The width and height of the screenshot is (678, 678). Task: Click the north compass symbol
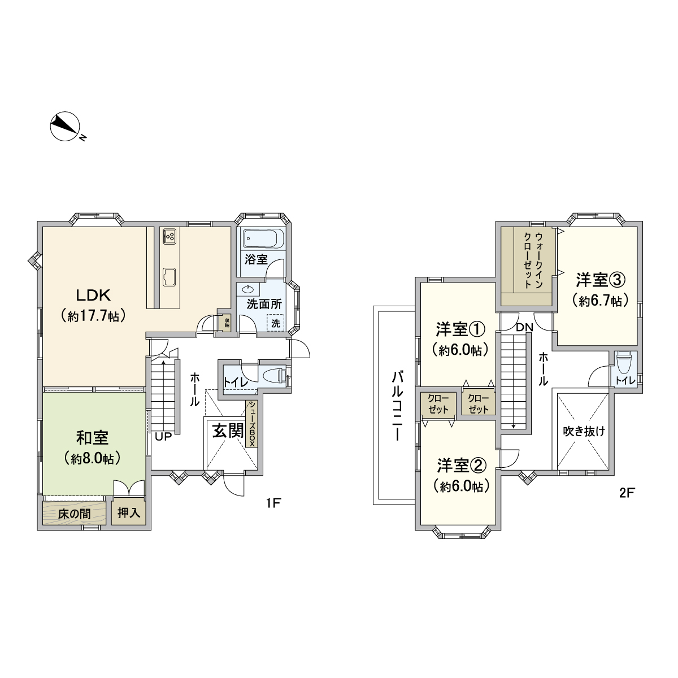pyautogui.click(x=66, y=127)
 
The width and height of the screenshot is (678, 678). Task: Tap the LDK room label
pyautogui.click(x=94, y=295)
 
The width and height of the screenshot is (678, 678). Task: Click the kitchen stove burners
pyautogui.click(x=169, y=236)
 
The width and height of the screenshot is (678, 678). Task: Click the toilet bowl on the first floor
pyautogui.click(x=273, y=375)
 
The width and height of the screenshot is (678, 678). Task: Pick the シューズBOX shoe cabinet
pyautogui.click(x=252, y=424)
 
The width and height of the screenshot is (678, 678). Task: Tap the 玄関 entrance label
pyautogui.click(x=228, y=431)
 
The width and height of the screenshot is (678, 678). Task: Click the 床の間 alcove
pyautogui.click(x=74, y=514)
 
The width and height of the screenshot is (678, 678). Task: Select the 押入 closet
pyautogui.click(x=129, y=512)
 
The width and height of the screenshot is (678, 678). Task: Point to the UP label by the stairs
pyautogui.click(x=163, y=437)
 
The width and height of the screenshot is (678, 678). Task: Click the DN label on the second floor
pyautogui.click(x=524, y=328)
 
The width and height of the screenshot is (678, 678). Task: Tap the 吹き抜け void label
pyautogui.click(x=584, y=431)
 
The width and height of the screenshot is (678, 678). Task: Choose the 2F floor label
pyautogui.click(x=627, y=493)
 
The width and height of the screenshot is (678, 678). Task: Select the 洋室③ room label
pyautogui.click(x=601, y=280)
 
